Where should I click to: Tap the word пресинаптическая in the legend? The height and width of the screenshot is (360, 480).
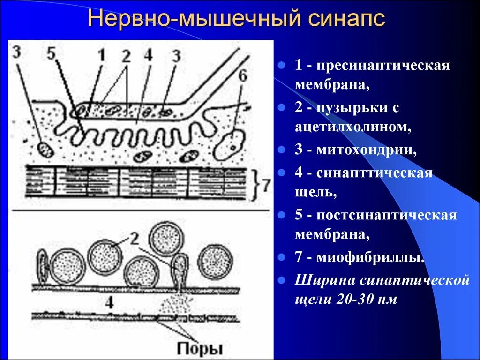[x=383, y=65]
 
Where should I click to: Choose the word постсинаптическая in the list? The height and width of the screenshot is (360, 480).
[x=386, y=216]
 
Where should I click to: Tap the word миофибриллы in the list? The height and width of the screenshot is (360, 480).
[x=371, y=257]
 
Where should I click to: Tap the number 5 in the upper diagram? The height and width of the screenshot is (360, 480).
[x=51, y=53]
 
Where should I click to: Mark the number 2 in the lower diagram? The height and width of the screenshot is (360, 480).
[x=134, y=240]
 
